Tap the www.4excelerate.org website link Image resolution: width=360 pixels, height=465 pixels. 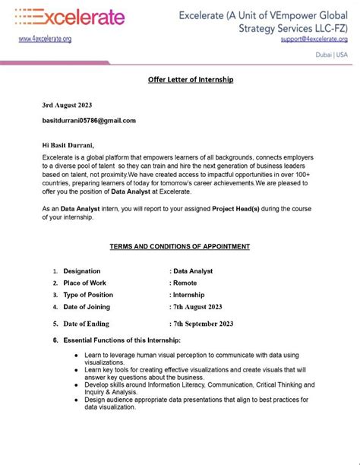[x=45, y=39]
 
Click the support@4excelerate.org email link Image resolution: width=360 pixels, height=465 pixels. [x=314, y=39]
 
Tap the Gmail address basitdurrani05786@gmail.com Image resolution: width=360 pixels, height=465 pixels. [x=90, y=121]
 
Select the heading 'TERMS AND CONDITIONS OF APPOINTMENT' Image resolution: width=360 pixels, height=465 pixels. [x=180, y=246]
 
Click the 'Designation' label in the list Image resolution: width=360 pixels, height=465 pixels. [x=81, y=270]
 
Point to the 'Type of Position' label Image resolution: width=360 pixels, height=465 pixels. [x=88, y=295]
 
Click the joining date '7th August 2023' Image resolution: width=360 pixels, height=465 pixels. [x=198, y=307]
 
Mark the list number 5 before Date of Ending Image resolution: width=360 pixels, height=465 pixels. [x=55, y=324]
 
